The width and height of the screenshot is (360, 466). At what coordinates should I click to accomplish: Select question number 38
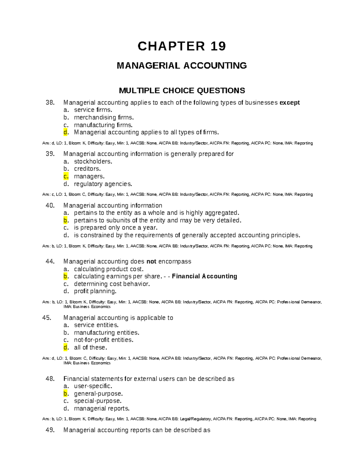(x=50, y=103)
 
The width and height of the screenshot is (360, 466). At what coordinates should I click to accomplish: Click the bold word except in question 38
(x=289, y=103)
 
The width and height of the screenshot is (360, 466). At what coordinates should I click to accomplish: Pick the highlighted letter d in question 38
(x=65, y=132)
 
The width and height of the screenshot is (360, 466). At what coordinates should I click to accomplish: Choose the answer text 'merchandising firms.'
(x=104, y=117)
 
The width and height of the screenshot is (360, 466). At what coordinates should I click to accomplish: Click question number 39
(x=50, y=154)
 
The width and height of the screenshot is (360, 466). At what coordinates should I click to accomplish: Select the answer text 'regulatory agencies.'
(x=103, y=184)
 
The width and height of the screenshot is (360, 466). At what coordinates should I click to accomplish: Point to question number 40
(x=50, y=206)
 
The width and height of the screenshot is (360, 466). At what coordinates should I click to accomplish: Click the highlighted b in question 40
(x=65, y=221)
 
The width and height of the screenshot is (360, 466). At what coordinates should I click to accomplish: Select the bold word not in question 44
(x=151, y=261)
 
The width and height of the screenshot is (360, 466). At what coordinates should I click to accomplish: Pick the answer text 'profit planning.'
(x=95, y=291)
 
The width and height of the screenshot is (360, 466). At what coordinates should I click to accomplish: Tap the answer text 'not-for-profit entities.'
(x=103, y=340)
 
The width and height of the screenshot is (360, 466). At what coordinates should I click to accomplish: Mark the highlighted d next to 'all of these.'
(x=65, y=347)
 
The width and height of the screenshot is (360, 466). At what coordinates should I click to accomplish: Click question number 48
(x=50, y=379)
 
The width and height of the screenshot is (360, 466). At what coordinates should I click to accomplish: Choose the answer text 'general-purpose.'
(x=98, y=394)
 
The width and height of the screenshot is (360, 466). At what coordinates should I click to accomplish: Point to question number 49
(x=50, y=430)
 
